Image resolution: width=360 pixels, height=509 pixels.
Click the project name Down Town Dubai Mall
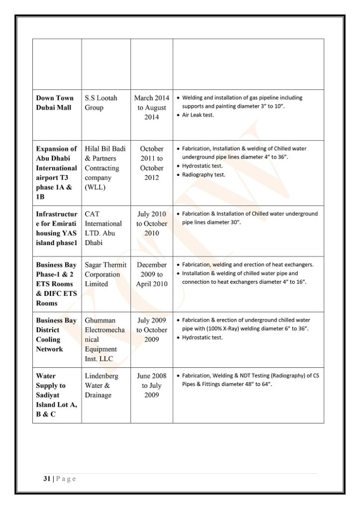pyautogui.click(x=55, y=103)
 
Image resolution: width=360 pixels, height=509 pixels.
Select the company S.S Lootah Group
pyautogui.click(x=101, y=103)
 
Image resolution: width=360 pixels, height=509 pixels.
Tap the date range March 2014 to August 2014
pyautogui.click(x=152, y=107)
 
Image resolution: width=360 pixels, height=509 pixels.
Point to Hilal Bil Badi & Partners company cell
pyautogui.click(x=105, y=168)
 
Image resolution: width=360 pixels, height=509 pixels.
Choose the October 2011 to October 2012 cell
pyautogui.click(x=152, y=163)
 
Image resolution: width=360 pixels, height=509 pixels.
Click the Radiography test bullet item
pyautogui.click(x=204, y=174)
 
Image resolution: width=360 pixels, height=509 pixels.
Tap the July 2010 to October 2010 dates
pyautogui.click(x=152, y=224)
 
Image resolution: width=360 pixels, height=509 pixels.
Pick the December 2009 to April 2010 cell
pyautogui.click(x=152, y=274)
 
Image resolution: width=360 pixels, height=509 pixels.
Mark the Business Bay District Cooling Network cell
pyautogui.click(x=56, y=335)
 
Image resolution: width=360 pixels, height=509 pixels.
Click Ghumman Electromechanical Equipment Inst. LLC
pyautogui.click(x=105, y=339)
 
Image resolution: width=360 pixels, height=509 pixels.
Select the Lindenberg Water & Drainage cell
pyautogui.click(x=101, y=385)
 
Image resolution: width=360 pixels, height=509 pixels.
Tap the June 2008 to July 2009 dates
pyautogui.click(x=152, y=385)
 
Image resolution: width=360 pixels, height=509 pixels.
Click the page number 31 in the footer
pyautogui.click(x=46, y=479)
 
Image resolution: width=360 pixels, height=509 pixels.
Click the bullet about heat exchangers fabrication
pyautogui.click(x=248, y=264)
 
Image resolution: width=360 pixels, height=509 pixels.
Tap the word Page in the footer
pyautogui.click(x=66, y=479)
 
